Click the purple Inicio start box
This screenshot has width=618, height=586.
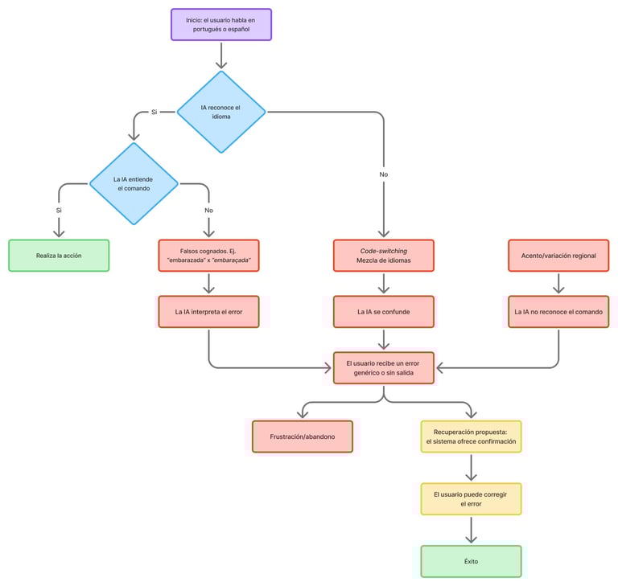coord(221,24)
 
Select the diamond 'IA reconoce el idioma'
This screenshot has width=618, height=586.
coord(221,113)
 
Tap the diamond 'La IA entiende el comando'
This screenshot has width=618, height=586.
coord(134,183)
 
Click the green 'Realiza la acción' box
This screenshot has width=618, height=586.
coord(58,256)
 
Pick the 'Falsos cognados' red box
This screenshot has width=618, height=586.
coord(209,256)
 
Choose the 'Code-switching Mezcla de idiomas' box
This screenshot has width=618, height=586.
coord(384,256)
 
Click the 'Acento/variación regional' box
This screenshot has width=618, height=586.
coord(558,256)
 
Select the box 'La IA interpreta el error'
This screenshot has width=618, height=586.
coord(209,311)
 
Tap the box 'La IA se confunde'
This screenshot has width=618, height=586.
coord(384,311)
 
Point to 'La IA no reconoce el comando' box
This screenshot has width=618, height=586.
coord(558,311)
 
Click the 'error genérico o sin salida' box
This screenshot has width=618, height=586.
coord(384,368)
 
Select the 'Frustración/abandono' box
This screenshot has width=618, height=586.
coord(302,436)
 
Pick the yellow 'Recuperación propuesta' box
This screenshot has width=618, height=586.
coord(471,436)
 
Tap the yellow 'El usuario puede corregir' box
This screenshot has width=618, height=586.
coord(471,498)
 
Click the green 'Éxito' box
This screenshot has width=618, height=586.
coord(471,561)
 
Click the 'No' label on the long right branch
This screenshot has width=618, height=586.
coord(384,174)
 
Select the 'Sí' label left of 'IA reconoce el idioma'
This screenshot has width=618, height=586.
coord(154,113)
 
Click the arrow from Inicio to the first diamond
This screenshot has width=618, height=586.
coord(221,55)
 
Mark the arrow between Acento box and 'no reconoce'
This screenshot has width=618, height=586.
coord(558,284)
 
